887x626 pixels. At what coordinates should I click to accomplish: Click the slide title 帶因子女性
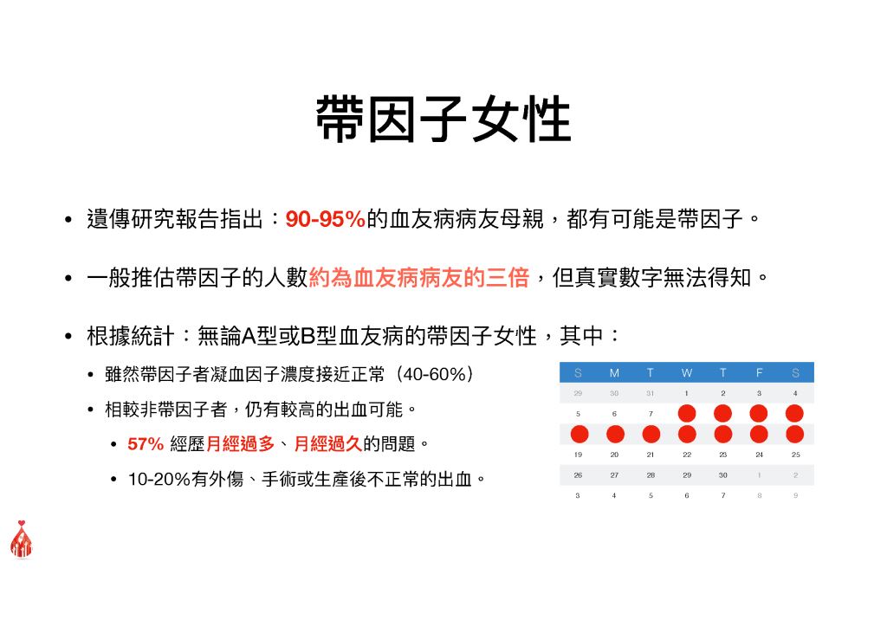coord(443,119)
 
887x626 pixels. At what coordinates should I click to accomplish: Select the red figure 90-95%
coord(325,219)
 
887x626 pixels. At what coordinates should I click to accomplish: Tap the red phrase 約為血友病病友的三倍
coord(419,278)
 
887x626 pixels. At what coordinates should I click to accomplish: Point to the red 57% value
coord(146,444)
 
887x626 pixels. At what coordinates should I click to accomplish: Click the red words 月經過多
coord(241,444)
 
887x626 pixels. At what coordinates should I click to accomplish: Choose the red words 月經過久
coord(328,444)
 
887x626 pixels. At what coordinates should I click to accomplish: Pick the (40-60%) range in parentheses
coord(435,374)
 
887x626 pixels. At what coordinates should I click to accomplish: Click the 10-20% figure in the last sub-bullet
coord(159,480)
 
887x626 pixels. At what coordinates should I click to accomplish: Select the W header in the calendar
coord(687,372)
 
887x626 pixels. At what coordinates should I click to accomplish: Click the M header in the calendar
coord(614,372)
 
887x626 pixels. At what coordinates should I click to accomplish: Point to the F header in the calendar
coord(759,372)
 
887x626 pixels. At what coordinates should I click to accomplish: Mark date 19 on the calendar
coord(578,455)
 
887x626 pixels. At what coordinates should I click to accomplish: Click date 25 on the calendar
coord(795,455)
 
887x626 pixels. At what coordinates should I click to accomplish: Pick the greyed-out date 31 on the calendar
coord(650,393)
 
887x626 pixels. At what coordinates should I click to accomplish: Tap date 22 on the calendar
coord(687,455)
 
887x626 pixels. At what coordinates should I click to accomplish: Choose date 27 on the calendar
coord(614,475)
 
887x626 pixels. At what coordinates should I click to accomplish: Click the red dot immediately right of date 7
coord(687,413)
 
